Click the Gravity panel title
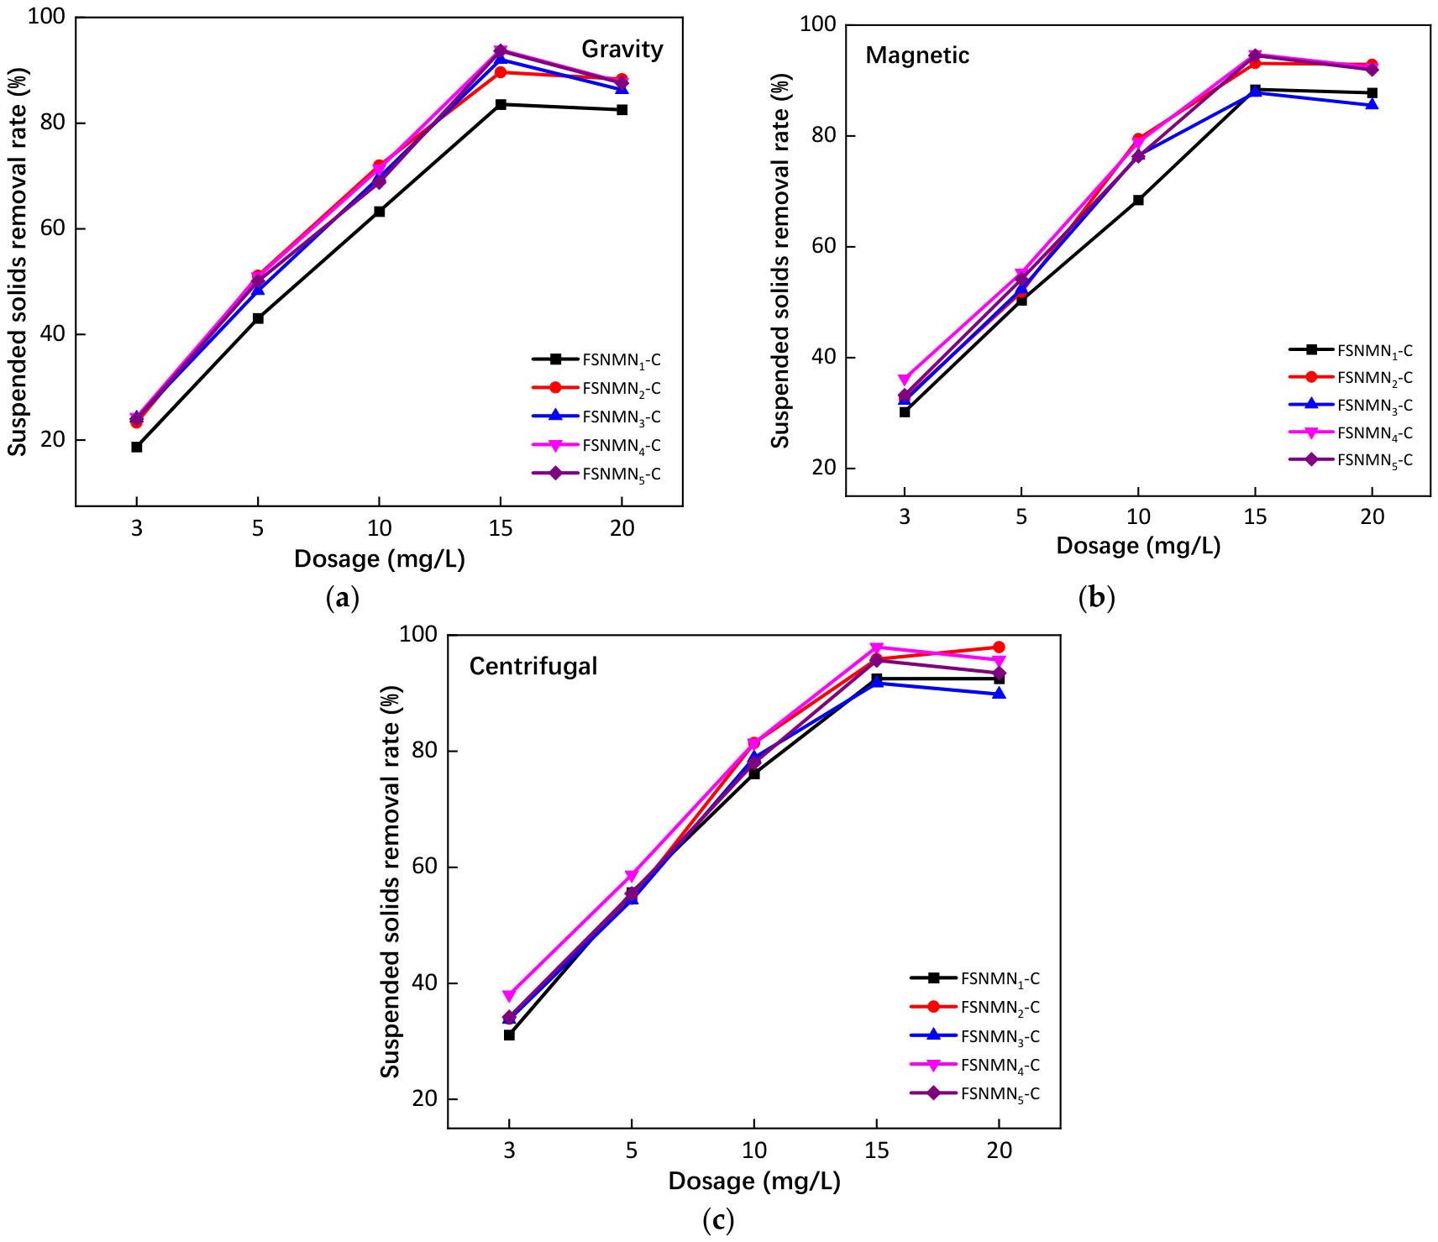(622, 50)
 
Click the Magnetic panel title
(917, 55)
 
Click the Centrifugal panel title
(533, 667)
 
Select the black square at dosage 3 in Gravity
(136, 447)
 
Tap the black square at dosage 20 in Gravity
(622, 110)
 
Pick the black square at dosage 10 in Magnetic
(1138, 200)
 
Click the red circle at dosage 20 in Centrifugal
(999, 647)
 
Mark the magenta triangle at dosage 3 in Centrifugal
(509, 996)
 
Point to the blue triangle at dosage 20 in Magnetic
(1372, 104)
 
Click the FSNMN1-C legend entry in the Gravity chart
(596, 360)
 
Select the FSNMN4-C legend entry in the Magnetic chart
(1351, 433)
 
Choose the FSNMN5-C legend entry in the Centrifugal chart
(975, 1094)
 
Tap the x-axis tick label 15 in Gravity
(501, 528)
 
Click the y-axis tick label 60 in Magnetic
(825, 246)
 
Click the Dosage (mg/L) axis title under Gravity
(380, 559)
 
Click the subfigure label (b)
(1096, 597)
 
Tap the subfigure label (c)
(717, 1219)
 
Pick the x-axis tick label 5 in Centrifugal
(632, 1150)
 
